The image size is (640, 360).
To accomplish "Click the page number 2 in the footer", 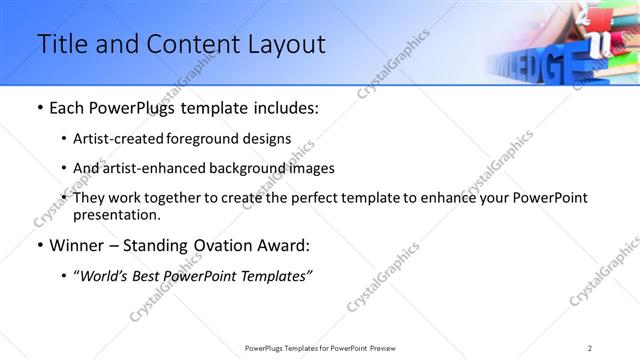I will click(x=590, y=347).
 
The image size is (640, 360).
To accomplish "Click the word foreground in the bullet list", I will click(x=203, y=139).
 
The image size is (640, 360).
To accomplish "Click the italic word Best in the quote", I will click(x=151, y=275).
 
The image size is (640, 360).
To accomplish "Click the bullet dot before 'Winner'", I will click(x=39, y=244).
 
